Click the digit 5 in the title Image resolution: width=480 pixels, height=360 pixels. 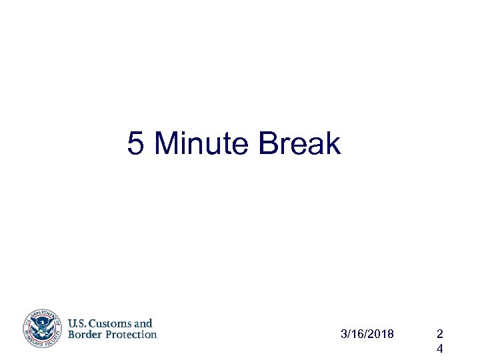tap(135, 144)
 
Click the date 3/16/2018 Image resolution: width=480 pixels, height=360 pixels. tap(367, 333)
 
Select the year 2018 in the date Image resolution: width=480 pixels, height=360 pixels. tap(381, 333)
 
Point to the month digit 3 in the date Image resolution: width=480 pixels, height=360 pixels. tap(343, 333)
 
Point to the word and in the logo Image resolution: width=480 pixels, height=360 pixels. tap(143, 323)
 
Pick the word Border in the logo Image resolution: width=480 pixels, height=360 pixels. tap(83, 335)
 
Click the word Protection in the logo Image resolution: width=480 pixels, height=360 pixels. tap(129, 335)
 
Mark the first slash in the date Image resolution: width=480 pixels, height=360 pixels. tap(349, 333)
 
